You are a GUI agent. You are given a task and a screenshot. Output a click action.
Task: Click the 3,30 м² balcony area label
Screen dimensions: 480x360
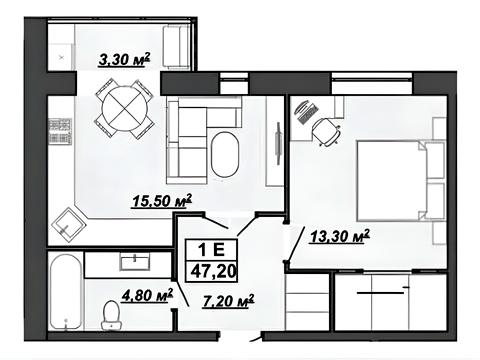pyautogui.click(x=124, y=60)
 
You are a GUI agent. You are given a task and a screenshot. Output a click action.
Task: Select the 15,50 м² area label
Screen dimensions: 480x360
pyautogui.click(x=162, y=201)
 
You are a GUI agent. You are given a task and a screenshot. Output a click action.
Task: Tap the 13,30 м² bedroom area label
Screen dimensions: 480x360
pyautogui.click(x=340, y=236)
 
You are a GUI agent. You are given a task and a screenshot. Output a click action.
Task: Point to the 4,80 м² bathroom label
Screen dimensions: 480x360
pyautogui.click(x=147, y=295)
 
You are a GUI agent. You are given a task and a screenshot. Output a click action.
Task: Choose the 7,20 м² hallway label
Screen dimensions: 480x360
pyautogui.click(x=228, y=301)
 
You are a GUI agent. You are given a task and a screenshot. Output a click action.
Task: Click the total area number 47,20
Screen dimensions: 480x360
pyautogui.click(x=214, y=271)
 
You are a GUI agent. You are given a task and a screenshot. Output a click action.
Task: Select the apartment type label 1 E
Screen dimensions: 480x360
pyautogui.click(x=211, y=250)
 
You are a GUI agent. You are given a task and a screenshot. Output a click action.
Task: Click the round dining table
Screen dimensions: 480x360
pyautogui.click(x=125, y=109)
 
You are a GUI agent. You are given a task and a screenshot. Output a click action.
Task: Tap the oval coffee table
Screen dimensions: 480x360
pyautogui.click(x=225, y=155)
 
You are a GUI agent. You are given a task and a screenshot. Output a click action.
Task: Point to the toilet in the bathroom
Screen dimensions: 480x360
pyautogui.click(x=111, y=315)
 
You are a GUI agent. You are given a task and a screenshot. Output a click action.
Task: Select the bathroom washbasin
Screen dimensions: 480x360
pyautogui.click(x=135, y=262)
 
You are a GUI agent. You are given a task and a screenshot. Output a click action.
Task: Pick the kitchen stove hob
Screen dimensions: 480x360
pyautogui.click(x=60, y=131)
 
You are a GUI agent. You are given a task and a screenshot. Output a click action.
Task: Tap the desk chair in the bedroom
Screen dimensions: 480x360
pyautogui.click(x=326, y=131)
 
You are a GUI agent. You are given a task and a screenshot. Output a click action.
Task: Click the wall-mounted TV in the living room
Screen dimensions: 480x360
pyautogui.click(x=278, y=143)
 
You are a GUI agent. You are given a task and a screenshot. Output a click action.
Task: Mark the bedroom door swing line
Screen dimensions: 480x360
pyautogui.click(x=296, y=244)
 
